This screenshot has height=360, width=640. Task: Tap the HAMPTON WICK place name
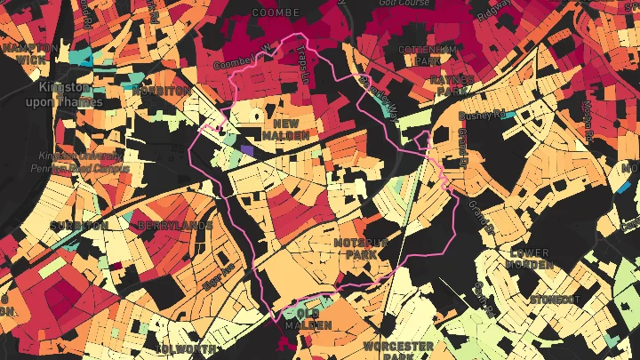coord(24,52)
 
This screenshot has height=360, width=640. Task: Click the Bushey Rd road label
coord(482,115)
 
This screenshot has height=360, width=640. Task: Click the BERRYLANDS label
coord(174,226)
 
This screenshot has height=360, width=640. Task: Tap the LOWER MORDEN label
coord(529,259)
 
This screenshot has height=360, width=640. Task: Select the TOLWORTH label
coord(184,348)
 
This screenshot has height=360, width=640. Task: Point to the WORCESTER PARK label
coord(398,349)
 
